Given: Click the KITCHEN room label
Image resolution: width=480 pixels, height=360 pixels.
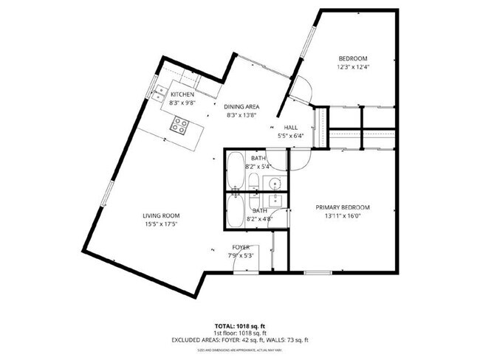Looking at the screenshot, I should click(182, 94).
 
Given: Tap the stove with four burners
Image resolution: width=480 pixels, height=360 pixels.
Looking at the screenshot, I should click(179, 126).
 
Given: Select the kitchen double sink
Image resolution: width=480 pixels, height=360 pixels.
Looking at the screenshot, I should click(159, 94).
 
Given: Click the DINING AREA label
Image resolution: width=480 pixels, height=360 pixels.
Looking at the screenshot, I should click(241, 106).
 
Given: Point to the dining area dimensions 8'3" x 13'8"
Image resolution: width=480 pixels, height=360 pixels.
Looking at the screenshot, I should click(241, 115).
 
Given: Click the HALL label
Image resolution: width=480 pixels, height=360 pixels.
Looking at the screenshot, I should click(290, 127).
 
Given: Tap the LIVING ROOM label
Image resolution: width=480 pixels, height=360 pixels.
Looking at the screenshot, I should click(161, 215).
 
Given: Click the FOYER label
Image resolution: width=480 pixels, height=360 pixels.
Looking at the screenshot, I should click(241, 247).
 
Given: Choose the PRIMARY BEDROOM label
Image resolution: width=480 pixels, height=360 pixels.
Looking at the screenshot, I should click(342, 207).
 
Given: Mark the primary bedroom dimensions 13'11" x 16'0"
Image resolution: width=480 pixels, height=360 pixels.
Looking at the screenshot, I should click(342, 216).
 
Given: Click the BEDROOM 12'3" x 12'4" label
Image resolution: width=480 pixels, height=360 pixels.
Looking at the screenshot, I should click(352, 59).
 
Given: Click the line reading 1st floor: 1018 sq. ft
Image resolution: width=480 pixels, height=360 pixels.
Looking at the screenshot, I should click(240, 332).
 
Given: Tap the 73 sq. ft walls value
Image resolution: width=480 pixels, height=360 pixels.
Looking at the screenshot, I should click(295, 340).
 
